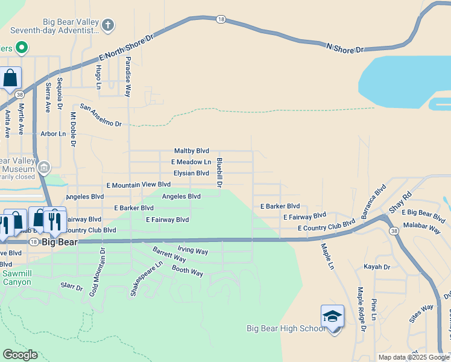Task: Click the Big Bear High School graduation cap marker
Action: [332, 317]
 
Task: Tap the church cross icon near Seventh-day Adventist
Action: [107, 25]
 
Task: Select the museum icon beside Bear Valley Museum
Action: [43, 167]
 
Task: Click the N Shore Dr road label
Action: [345, 48]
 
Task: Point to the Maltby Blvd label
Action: [191, 151]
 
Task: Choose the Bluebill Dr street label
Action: [219, 172]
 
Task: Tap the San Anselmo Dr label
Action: [101, 115]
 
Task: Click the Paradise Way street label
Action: [128, 77]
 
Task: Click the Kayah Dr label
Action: [377, 267]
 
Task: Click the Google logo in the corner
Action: [20, 355]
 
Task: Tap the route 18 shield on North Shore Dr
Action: [221, 20]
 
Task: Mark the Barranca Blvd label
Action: [371, 202]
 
